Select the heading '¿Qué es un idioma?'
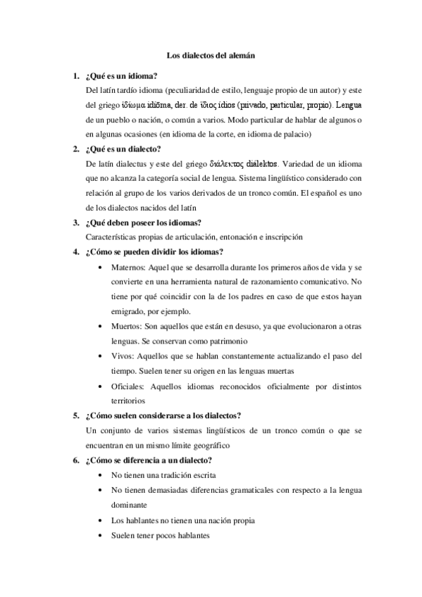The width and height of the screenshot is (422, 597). (120, 76)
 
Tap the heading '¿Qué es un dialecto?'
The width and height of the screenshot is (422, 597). (123, 149)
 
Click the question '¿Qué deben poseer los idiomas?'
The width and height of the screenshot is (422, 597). (142, 223)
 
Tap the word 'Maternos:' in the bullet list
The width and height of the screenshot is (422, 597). (130, 268)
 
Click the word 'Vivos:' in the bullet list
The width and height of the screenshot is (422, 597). (123, 356)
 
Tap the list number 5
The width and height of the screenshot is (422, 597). (75, 415)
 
